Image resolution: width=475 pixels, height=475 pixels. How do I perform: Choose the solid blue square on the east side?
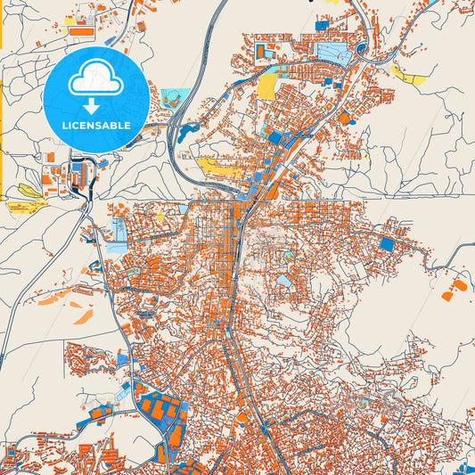point(386,243)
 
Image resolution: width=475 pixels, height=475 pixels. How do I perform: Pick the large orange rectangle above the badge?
point(80,29)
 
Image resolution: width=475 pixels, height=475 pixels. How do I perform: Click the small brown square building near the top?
point(141,27)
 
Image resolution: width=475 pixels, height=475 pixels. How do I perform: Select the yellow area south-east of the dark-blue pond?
point(217,167)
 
